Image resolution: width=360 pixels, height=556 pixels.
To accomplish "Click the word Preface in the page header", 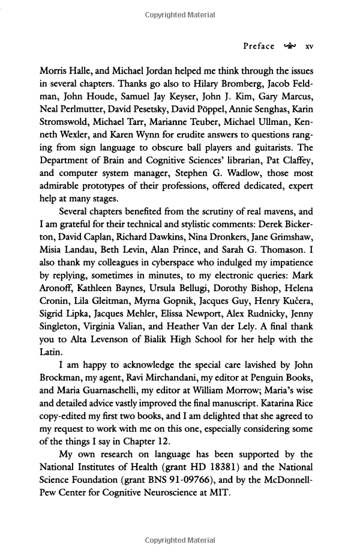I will click(259, 46).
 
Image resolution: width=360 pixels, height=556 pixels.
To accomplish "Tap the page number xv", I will click(310, 46).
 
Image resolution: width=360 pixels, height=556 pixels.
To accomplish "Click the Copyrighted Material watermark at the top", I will click(180, 14).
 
